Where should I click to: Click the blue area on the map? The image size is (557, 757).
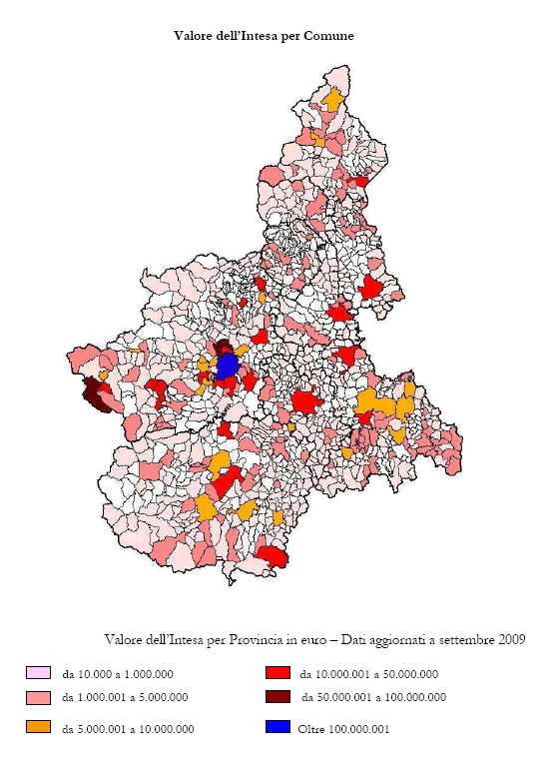point(228,366)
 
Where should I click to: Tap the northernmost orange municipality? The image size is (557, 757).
point(332,100)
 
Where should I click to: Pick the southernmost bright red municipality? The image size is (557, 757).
point(273,555)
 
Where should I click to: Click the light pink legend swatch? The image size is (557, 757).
point(38,672)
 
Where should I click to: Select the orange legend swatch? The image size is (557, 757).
point(38,727)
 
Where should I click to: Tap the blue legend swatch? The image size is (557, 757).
point(278,727)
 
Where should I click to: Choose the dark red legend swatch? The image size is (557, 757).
point(278,696)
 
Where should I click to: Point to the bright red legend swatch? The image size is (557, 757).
point(278,672)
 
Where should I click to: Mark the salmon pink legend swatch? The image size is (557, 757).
point(38,696)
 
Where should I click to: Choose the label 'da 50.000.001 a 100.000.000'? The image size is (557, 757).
point(372,697)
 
